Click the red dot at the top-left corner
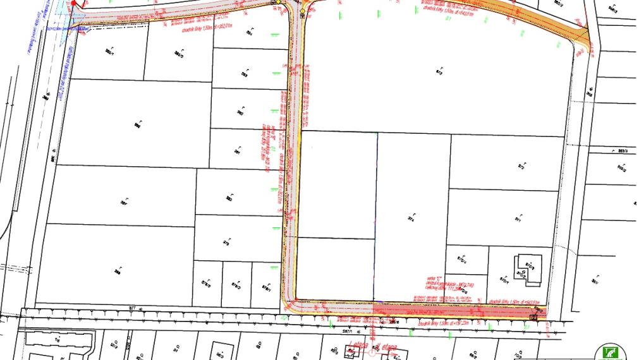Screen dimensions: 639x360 pyautogui.click(x=73, y=4)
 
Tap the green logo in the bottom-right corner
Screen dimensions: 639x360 pyautogui.click(x=610, y=351)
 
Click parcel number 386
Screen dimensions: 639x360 pyautogui.click(x=137, y=125)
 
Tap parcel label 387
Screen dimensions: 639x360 pyautogui.click(x=124, y=203)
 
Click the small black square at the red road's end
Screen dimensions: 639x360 pyautogui.click(x=535, y=316)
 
